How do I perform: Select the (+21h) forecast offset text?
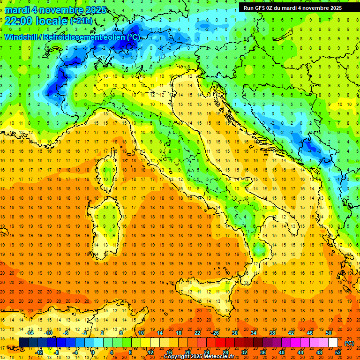pos(81,21)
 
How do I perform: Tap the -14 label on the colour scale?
pos(30,332)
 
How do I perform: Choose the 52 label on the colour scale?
pos(337,352)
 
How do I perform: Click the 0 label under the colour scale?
pos(92,352)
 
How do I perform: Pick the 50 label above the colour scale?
pos(329,332)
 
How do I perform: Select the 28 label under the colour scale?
pos(225,352)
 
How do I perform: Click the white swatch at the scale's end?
pos(333,342)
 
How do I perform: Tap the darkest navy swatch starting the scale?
pos(23,342)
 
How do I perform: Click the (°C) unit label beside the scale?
pos(349,343)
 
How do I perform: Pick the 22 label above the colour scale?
pos(197,332)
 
